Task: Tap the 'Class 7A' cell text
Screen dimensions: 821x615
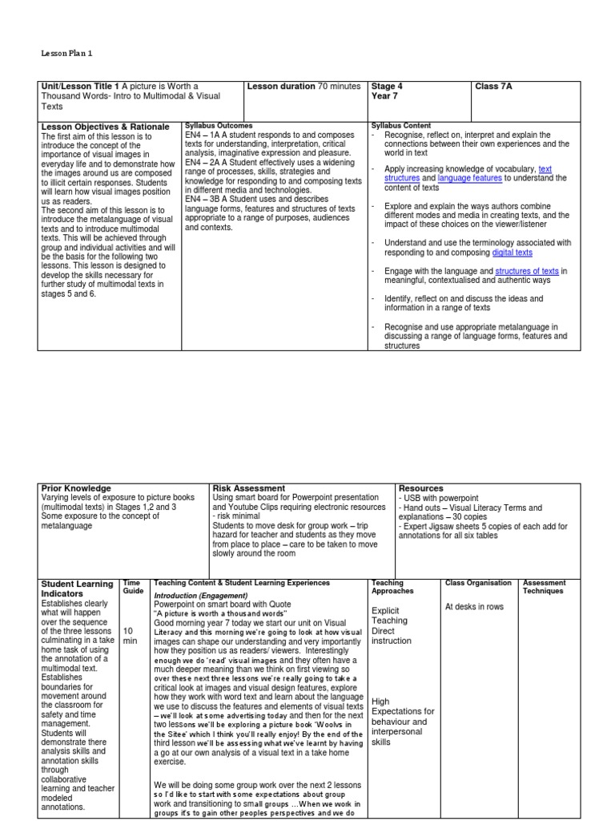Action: click(x=493, y=87)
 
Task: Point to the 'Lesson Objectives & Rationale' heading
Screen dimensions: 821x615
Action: click(x=105, y=127)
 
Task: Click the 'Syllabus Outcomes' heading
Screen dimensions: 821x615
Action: click(x=219, y=126)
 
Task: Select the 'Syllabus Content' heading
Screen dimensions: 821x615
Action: click(x=401, y=126)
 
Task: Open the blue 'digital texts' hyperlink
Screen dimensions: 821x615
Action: click(x=512, y=253)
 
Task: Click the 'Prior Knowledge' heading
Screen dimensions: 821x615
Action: click(x=76, y=487)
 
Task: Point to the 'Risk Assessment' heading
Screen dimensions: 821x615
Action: click(x=248, y=487)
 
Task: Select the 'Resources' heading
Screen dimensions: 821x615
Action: click(x=420, y=487)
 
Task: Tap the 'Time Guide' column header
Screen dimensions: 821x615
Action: click(x=133, y=587)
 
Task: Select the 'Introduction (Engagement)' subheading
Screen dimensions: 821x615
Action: click(x=201, y=595)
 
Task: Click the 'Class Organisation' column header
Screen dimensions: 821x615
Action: click(x=477, y=583)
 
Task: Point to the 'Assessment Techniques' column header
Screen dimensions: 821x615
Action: click(x=544, y=587)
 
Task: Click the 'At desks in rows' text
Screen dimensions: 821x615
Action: click(x=476, y=607)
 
